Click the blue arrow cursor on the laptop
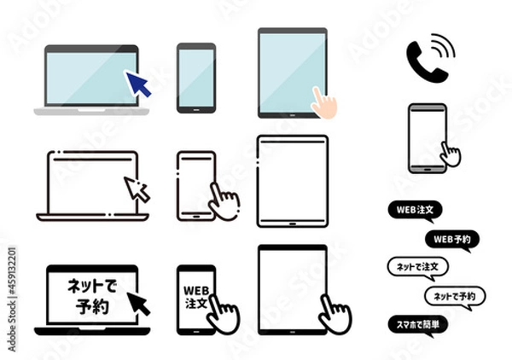point(137,84)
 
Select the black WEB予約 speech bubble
point(451,238)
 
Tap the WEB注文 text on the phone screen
point(195,290)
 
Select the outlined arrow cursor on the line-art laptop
point(137,188)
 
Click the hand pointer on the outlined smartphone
point(225,201)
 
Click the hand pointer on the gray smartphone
point(449,154)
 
